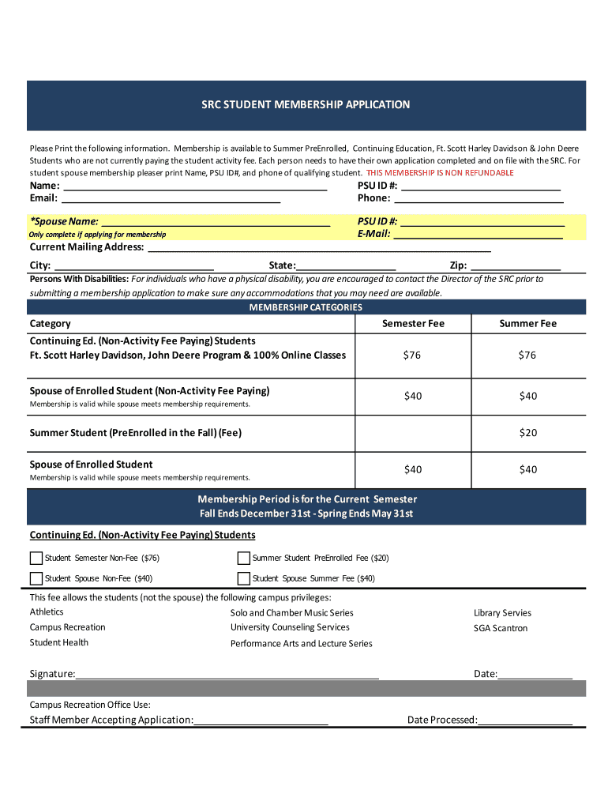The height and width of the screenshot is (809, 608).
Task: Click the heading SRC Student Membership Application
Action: (304, 104)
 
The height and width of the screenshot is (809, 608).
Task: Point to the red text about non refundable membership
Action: (440, 173)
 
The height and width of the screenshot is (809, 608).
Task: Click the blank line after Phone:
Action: (479, 198)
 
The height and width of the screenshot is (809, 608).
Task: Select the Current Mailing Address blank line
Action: (319, 247)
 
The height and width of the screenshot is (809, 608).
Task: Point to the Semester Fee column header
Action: (413, 324)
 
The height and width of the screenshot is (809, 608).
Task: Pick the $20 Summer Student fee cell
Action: (527, 433)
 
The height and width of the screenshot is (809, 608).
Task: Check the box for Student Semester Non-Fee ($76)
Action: (36, 558)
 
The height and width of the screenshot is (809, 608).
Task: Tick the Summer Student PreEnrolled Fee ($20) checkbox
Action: (244, 558)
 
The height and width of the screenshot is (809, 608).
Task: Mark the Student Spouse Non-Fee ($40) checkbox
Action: (36, 578)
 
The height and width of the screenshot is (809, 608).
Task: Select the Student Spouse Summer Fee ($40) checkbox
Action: (244, 578)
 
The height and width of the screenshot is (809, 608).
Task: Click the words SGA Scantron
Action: (501, 628)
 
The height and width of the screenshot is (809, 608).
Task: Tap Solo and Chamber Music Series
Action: (291, 613)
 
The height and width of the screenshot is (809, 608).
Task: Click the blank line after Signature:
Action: (227, 675)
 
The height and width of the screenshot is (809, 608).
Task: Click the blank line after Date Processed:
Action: (525, 721)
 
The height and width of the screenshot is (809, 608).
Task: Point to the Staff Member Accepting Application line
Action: (261, 721)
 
